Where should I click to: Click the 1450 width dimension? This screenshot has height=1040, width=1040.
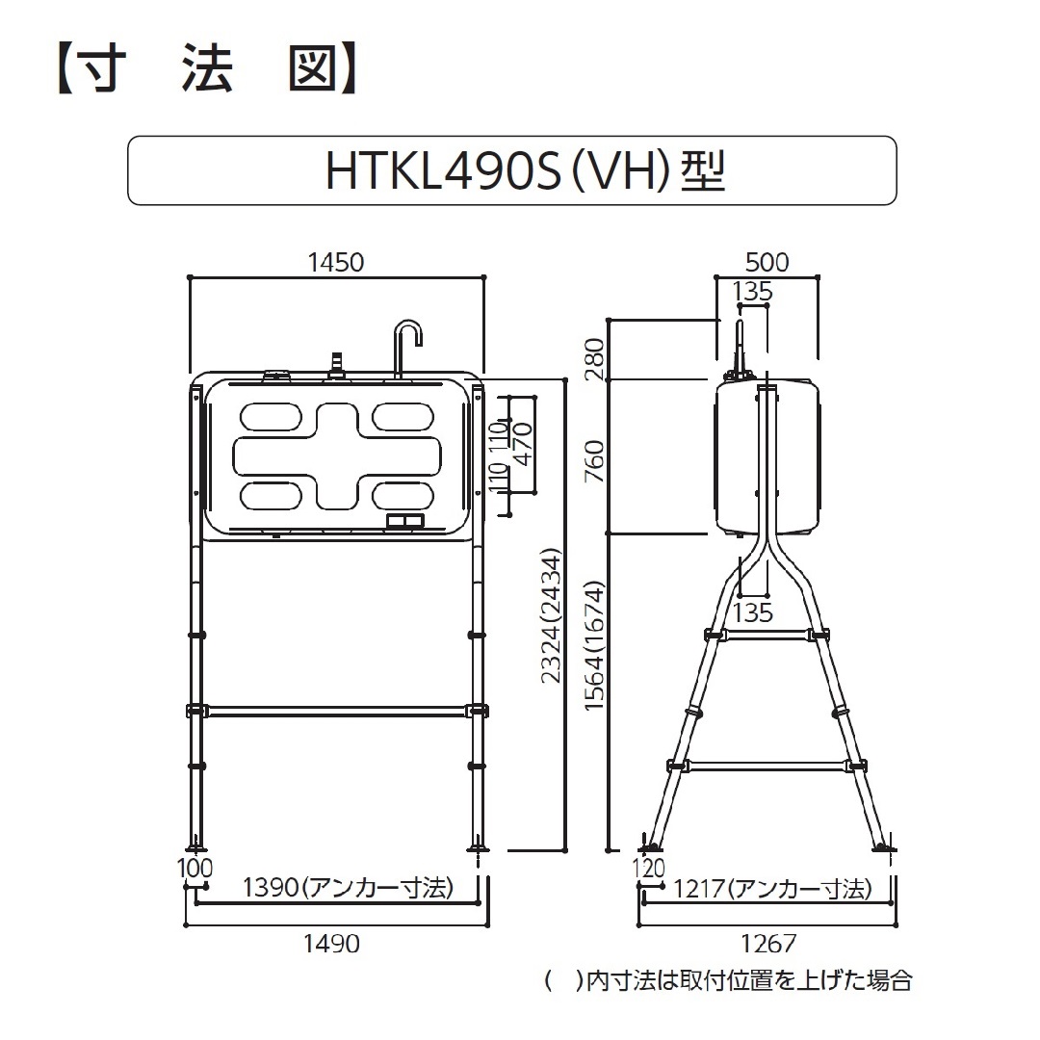pyautogui.click(x=335, y=262)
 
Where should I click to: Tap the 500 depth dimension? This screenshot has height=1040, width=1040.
pyautogui.click(x=767, y=262)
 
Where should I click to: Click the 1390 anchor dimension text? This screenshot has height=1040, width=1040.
pyautogui.click(x=348, y=888)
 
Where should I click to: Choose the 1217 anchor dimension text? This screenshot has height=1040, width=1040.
pyautogui.click(x=772, y=888)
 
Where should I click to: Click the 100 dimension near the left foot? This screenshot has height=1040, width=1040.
pyautogui.click(x=195, y=869)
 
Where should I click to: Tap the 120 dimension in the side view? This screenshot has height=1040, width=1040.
pyautogui.click(x=651, y=869)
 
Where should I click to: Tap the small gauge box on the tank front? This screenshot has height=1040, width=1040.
pyautogui.click(x=405, y=521)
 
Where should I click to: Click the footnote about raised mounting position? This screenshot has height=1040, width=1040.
pyautogui.click(x=728, y=982)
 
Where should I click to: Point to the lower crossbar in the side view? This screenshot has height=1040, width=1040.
pyautogui.click(x=767, y=767)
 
